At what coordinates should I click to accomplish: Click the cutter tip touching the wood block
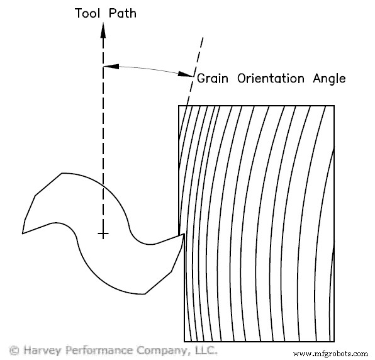pos(182,235)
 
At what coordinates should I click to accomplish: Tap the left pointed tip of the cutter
pos(23,233)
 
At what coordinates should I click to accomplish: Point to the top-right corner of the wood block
pos(334,106)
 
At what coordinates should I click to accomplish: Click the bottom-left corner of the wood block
pos(184,340)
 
